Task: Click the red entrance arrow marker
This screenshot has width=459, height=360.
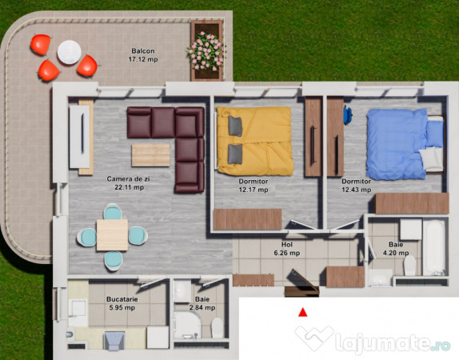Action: [x=302, y=313]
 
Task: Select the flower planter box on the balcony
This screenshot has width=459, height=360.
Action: [x=206, y=50]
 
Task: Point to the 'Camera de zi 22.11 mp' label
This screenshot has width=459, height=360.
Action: [x=126, y=183]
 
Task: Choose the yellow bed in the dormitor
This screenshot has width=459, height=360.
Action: [x=254, y=141]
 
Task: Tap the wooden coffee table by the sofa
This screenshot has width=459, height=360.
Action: [x=151, y=154]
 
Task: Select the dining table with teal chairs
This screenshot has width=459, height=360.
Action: [x=112, y=234]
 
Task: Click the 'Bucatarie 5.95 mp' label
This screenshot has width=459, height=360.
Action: [x=122, y=303]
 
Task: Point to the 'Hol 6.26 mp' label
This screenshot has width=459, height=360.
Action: [x=285, y=249]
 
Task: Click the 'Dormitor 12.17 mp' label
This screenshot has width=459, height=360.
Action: [x=253, y=186]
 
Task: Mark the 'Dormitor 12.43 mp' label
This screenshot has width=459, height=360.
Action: [x=356, y=186]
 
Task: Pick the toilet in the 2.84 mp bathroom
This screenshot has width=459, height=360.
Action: [x=185, y=326]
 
